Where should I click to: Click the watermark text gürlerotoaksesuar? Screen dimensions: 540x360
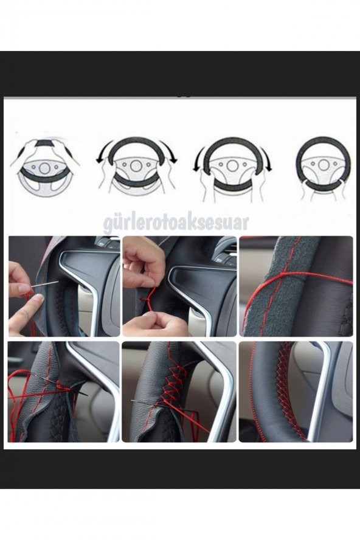click(x=176, y=221)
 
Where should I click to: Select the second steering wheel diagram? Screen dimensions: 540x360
click(x=136, y=165)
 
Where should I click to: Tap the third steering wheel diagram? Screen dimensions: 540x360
click(x=233, y=165)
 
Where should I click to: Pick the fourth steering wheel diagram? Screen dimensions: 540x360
click(x=323, y=165)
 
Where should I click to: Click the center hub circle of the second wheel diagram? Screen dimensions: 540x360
click(x=136, y=165)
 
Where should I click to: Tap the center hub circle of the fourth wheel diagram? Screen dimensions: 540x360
click(x=324, y=164)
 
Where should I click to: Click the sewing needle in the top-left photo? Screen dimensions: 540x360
click(x=45, y=283)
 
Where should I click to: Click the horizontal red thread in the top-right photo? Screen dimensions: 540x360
click(x=304, y=275)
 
